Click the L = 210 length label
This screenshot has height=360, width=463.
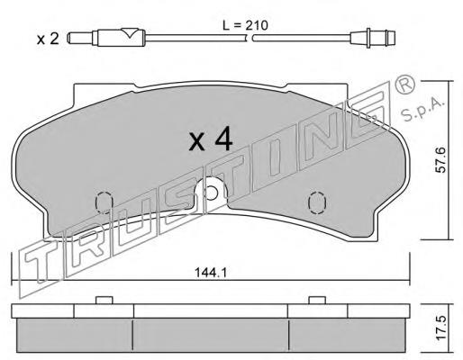point(245,26)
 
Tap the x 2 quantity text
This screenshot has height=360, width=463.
point(48,39)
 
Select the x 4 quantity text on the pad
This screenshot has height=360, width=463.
point(211,139)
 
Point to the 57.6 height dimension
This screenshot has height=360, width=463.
point(440,159)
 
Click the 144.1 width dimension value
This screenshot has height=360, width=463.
point(210,273)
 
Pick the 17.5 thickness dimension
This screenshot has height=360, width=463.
point(440,328)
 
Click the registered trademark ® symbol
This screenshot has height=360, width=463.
point(404,85)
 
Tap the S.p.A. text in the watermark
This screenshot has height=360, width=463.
point(422,110)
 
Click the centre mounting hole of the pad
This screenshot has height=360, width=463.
point(212,192)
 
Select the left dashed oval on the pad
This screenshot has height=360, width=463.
point(104,202)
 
